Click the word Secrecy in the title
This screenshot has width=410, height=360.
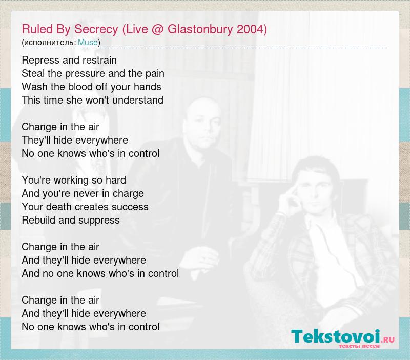[x=96, y=29]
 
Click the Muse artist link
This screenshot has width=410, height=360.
[x=88, y=42]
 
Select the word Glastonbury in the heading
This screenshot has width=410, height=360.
[x=200, y=29]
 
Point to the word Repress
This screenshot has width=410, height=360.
[x=40, y=60]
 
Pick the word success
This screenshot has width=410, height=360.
[x=130, y=207]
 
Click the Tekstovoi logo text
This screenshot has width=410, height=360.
[x=336, y=336]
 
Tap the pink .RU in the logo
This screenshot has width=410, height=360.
[x=387, y=339]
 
